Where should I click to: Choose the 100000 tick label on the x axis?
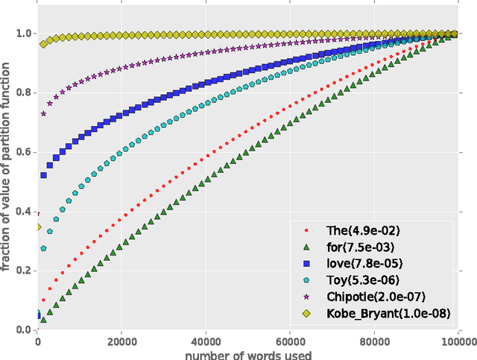[461, 341]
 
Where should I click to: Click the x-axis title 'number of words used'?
[250, 354]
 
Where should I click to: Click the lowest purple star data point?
[42, 113]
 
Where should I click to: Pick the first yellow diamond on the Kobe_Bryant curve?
[42, 44]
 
